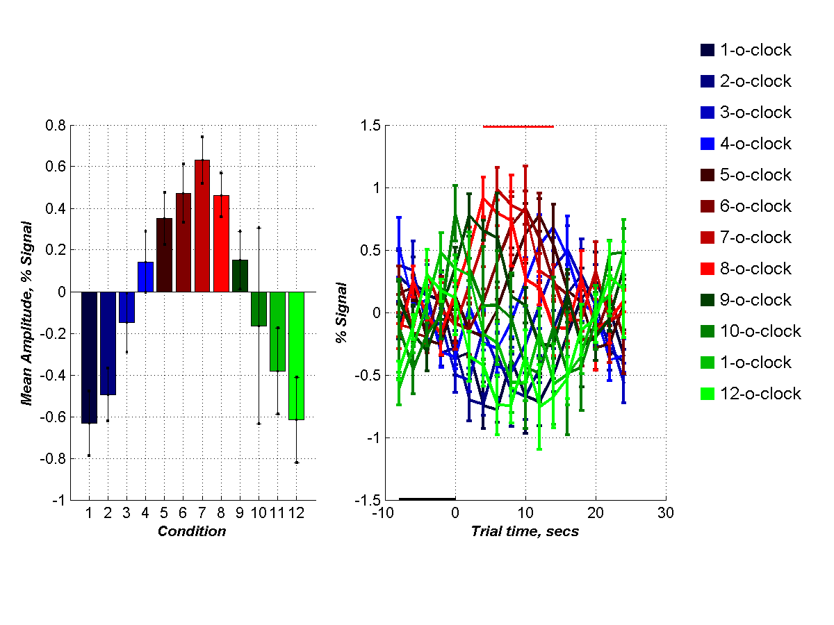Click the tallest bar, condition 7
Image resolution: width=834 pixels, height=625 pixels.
(x=202, y=226)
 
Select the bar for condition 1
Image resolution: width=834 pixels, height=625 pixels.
(x=89, y=357)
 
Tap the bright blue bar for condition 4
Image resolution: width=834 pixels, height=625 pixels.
(x=145, y=277)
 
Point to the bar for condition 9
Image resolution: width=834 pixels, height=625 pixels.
(x=240, y=276)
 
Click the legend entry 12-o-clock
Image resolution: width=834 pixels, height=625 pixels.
(x=760, y=394)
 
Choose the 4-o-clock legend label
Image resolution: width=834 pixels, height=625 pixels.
(x=755, y=144)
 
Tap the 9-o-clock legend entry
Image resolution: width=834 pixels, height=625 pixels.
(x=755, y=300)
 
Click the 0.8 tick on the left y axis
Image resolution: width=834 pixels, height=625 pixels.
(x=56, y=126)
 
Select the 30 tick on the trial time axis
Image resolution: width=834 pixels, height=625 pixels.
(x=666, y=513)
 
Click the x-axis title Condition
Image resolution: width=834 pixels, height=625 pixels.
(x=192, y=532)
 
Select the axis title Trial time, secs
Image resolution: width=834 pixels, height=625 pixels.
(x=525, y=532)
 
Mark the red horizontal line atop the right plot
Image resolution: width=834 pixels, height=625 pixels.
(x=518, y=126)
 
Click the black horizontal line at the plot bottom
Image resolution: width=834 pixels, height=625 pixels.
(x=427, y=499)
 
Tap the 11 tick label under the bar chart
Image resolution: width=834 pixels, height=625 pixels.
(x=277, y=513)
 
